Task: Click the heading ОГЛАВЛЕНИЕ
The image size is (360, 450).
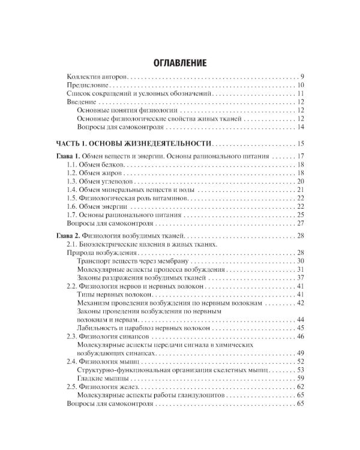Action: pos(180,62)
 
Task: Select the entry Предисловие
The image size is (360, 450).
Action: pos(86,86)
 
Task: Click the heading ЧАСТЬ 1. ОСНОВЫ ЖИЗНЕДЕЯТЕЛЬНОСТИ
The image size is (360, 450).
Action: pos(133,143)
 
